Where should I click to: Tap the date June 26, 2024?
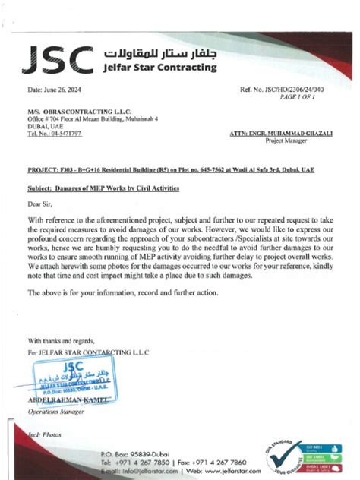point(56,90)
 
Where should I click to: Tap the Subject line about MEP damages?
point(103,186)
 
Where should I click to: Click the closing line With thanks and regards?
point(62,340)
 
